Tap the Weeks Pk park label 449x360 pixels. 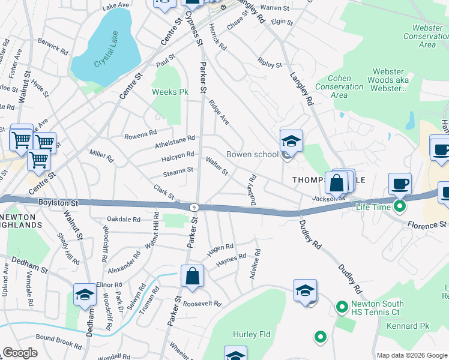(x=170, y=92)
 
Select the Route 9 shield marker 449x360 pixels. (x=193, y=207)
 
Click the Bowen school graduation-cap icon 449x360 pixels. (x=292, y=142)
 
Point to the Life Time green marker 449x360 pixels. (x=397, y=207)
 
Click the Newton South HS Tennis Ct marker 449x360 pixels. (x=342, y=308)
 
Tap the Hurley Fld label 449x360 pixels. (x=249, y=334)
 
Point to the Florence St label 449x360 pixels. (x=427, y=225)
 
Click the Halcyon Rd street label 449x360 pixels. (x=178, y=155)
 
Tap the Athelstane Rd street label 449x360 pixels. (x=175, y=138)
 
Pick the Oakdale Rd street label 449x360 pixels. (x=123, y=219)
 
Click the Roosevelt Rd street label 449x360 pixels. (x=202, y=304)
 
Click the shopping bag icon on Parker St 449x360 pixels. (x=193, y=277)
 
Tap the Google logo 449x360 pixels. (x=20, y=353)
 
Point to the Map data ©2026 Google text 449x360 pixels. (x=411, y=355)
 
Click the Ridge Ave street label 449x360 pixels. (x=219, y=111)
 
